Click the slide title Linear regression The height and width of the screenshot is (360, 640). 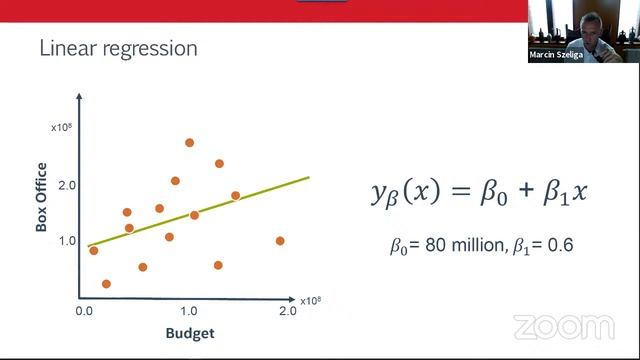point(117,48)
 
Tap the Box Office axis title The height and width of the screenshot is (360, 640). point(42,199)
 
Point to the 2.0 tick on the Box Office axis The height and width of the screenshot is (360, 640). point(66,186)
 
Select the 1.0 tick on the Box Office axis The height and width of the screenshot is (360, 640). point(66,241)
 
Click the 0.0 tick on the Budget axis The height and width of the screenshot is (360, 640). point(84,311)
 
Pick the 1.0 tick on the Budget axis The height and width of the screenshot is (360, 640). point(188,311)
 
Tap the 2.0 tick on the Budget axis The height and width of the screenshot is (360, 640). point(288,311)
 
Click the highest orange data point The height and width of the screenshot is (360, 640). point(189,143)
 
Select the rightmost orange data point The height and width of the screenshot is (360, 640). point(280,241)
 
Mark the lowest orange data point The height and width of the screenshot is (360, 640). point(106,284)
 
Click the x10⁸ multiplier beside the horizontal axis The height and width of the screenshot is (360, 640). point(312,299)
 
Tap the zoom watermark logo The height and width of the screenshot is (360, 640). point(563,327)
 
